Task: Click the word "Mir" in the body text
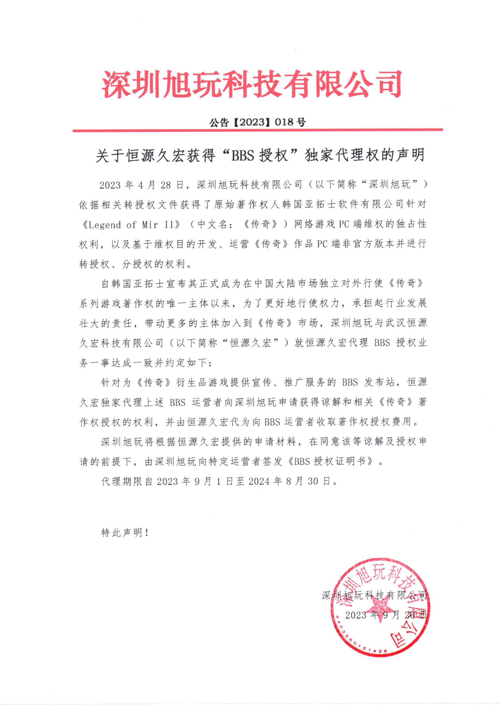click(150, 225)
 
